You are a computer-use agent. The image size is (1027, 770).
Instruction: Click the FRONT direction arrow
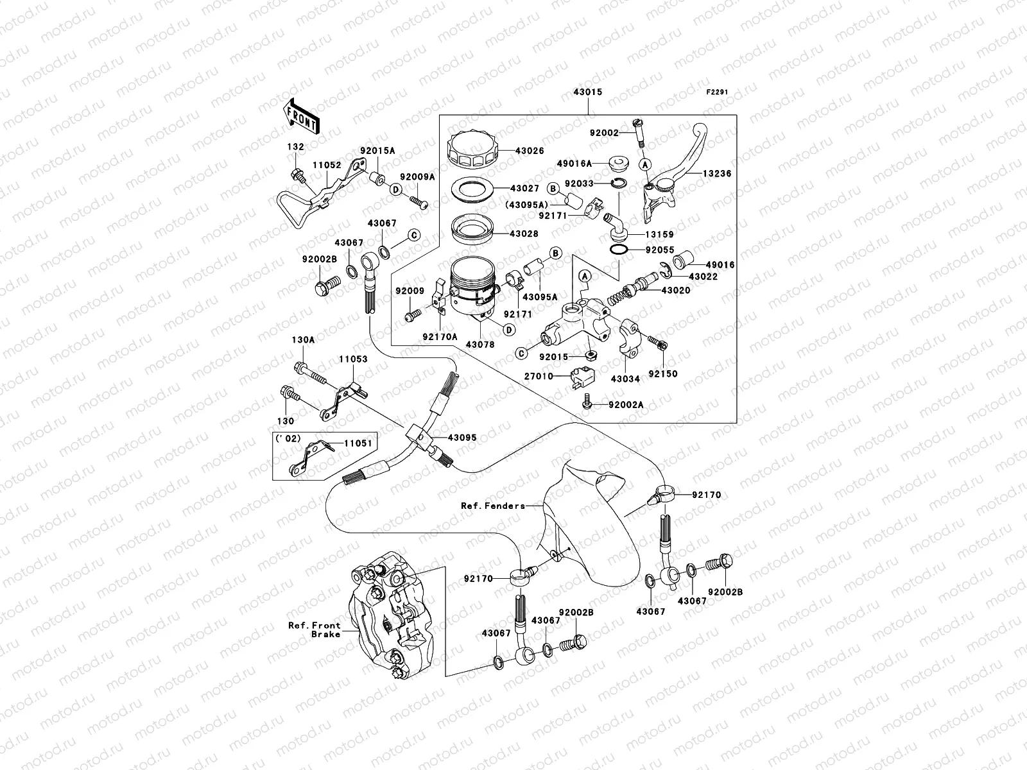302,116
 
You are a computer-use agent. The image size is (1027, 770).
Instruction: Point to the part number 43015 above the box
587,92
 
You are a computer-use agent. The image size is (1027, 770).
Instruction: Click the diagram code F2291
718,92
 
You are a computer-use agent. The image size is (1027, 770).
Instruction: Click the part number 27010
539,377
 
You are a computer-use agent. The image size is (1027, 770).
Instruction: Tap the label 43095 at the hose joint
462,438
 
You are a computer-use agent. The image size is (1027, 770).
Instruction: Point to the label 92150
662,373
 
